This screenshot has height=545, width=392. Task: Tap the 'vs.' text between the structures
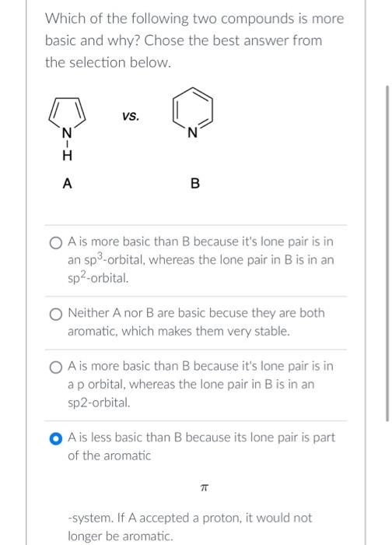[130, 117]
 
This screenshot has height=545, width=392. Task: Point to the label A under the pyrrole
[67, 184]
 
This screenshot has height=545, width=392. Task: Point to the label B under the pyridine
[194, 185]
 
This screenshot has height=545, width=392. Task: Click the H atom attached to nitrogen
[67, 156]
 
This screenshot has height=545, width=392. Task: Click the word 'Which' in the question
[65, 18]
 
